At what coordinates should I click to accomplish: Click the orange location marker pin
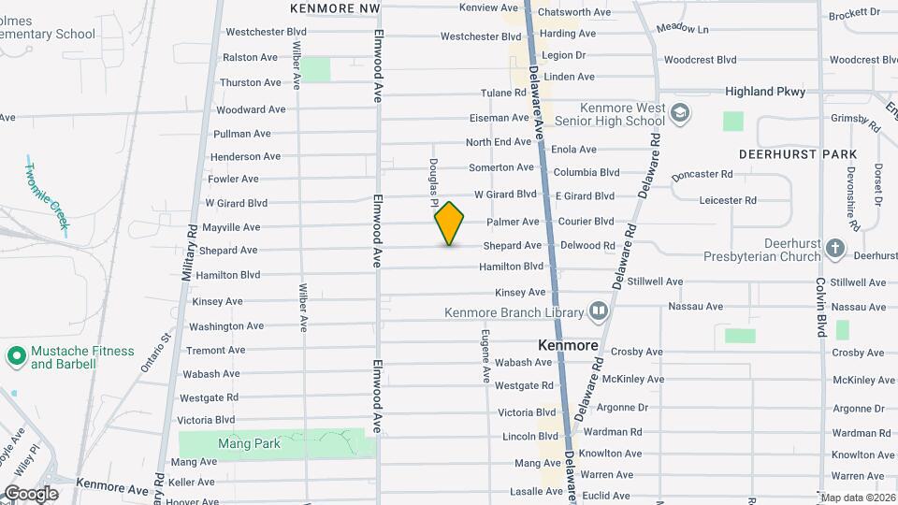449,224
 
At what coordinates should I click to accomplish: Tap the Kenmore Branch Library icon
598,311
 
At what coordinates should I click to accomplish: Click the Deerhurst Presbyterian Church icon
835,249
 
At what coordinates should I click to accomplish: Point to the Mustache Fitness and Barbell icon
16,356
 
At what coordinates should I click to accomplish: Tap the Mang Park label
249,443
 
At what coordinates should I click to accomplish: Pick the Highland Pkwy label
764,92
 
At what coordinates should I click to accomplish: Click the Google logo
31,493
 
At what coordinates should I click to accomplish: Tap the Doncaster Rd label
702,174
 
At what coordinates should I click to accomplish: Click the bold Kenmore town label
568,345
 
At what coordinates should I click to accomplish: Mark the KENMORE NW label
335,7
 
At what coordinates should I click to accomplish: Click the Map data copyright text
857,498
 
